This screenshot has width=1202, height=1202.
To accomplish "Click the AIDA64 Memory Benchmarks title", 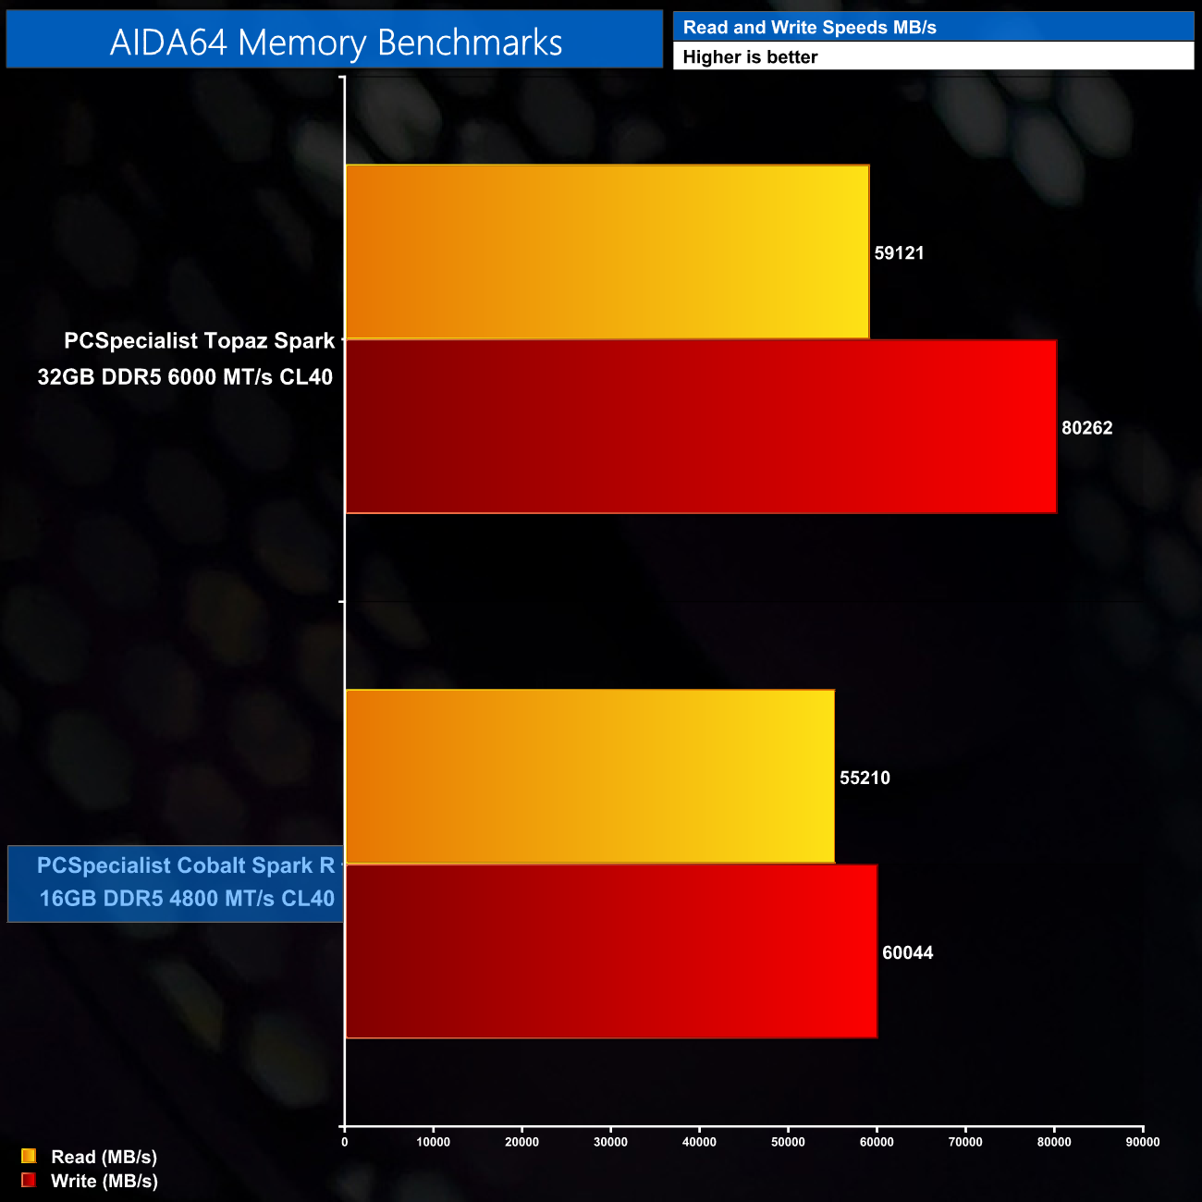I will [336, 43].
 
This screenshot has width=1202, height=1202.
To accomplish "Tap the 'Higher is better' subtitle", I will [750, 57].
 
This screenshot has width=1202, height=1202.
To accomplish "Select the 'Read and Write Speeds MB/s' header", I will [809, 28].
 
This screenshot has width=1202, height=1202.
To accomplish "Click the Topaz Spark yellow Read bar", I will [607, 251].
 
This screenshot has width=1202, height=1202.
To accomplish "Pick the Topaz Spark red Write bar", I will [700, 426].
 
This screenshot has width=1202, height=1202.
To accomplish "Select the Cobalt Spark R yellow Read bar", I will [589, 777].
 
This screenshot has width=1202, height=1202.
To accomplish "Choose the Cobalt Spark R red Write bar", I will [610, 951].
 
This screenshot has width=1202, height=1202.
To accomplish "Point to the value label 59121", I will [899, 253].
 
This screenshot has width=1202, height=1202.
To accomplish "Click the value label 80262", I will [1086, 428].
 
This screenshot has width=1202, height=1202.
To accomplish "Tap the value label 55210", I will [865, 778].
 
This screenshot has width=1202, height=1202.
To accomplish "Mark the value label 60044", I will [907, 952].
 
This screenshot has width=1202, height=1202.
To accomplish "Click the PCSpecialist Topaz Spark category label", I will [186, 359].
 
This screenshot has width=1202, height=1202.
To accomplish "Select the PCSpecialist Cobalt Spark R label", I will [186, 882].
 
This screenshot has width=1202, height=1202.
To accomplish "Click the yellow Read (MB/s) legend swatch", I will [29, 1156].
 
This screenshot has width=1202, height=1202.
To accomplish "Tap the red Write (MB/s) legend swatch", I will [29, 1180].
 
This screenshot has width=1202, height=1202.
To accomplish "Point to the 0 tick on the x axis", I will [345, 1142].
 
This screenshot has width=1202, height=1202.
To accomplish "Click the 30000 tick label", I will [610, 1142].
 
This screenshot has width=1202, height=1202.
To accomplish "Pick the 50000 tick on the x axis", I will [788, 1142].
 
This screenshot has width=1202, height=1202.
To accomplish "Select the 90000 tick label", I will [1142, 1142].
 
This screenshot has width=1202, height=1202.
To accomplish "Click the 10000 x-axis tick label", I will [433, 1142].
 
